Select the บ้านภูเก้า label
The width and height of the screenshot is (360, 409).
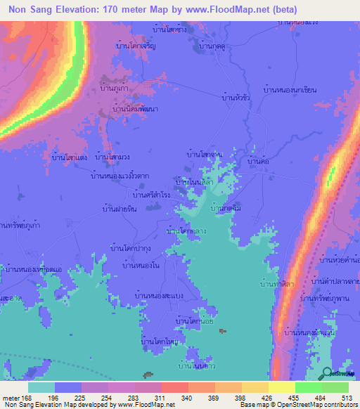pyautogui.click(x=113, y=90)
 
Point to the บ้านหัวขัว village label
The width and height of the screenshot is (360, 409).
pyautogui.click(x=236, y=97)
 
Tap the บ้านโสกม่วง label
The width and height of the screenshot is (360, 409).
pyautogui.click(x=112, y=158)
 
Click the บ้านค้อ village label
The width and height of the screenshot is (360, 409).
pyautogui.click(x=259, y=162)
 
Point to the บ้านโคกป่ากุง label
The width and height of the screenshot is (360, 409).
pyautogui.click(x=132, y=247)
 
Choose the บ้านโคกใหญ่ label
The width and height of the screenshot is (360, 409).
pyautogui.click(x=160, y=342)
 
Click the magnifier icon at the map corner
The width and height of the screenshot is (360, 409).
pyautogui.click(x=327, y=374)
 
